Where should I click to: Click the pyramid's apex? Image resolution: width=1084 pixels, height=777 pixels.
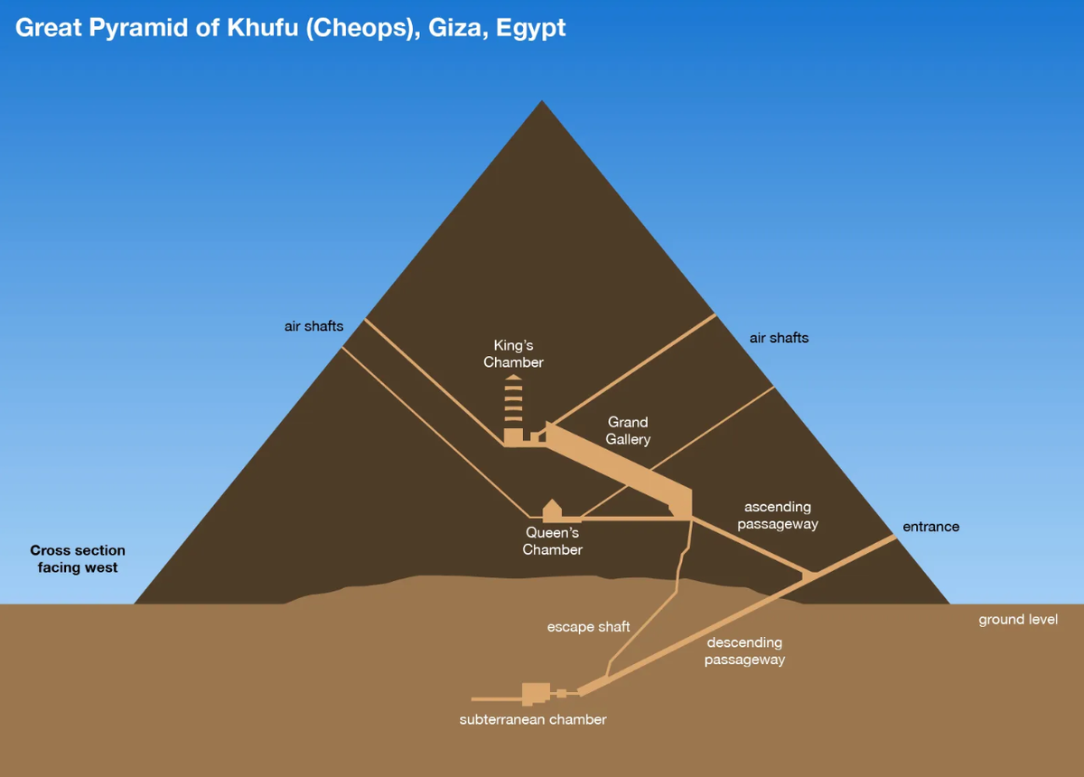pos(542,101)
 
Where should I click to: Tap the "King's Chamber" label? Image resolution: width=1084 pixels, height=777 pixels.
pos(513,353)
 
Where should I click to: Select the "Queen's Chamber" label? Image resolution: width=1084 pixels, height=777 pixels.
pos(552,541)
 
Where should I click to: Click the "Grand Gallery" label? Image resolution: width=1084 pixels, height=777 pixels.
pos(628,430)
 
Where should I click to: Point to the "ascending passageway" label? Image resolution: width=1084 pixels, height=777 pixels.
pos(777,515)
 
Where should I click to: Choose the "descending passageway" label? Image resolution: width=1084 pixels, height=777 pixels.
pos(744,651)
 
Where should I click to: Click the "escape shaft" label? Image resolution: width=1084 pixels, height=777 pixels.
pos(588,626)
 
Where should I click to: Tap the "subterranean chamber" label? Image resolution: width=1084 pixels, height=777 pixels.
pos(533,720)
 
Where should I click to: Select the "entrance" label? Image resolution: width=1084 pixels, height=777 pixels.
pos(930,527)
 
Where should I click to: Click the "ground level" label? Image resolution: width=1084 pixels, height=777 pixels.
pos(1018,620)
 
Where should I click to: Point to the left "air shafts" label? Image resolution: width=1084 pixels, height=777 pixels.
pos(313,326)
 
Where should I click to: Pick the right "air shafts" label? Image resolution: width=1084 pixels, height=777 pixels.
pos(779,338)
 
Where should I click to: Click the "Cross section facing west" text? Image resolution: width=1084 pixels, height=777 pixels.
pos(78,558)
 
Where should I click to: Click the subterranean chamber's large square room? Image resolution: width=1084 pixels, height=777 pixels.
pos(536,693)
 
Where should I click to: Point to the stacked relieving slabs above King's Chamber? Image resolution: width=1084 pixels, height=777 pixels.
pos(513,402)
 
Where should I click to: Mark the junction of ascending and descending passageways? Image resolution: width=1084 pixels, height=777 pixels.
pos(809,573)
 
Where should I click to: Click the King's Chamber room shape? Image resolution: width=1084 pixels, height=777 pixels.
pos(513,436)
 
